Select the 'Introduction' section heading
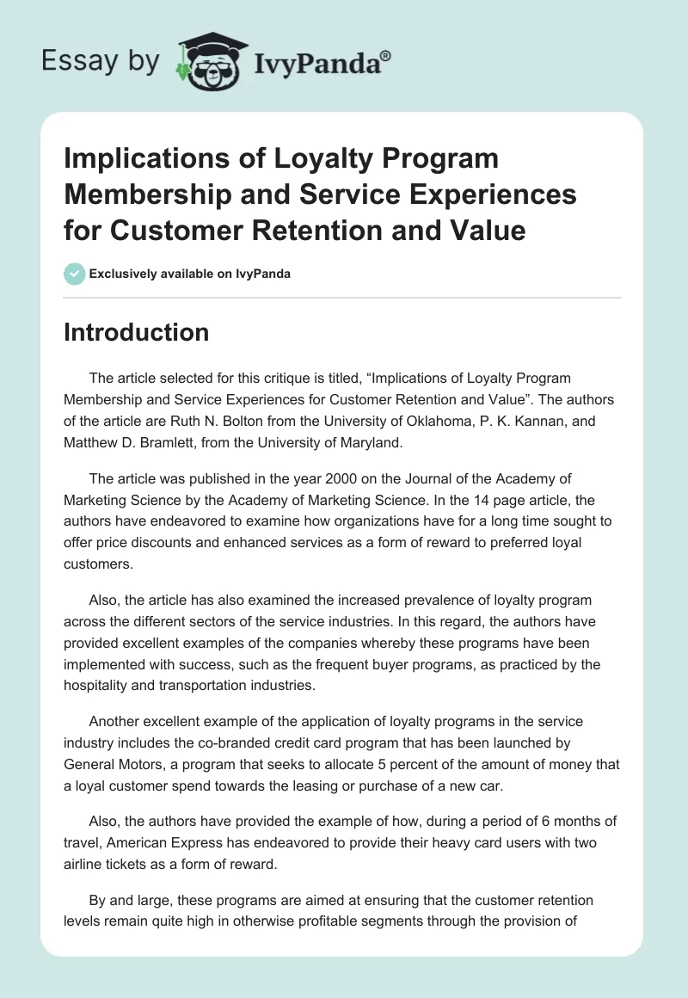pos(136,333)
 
